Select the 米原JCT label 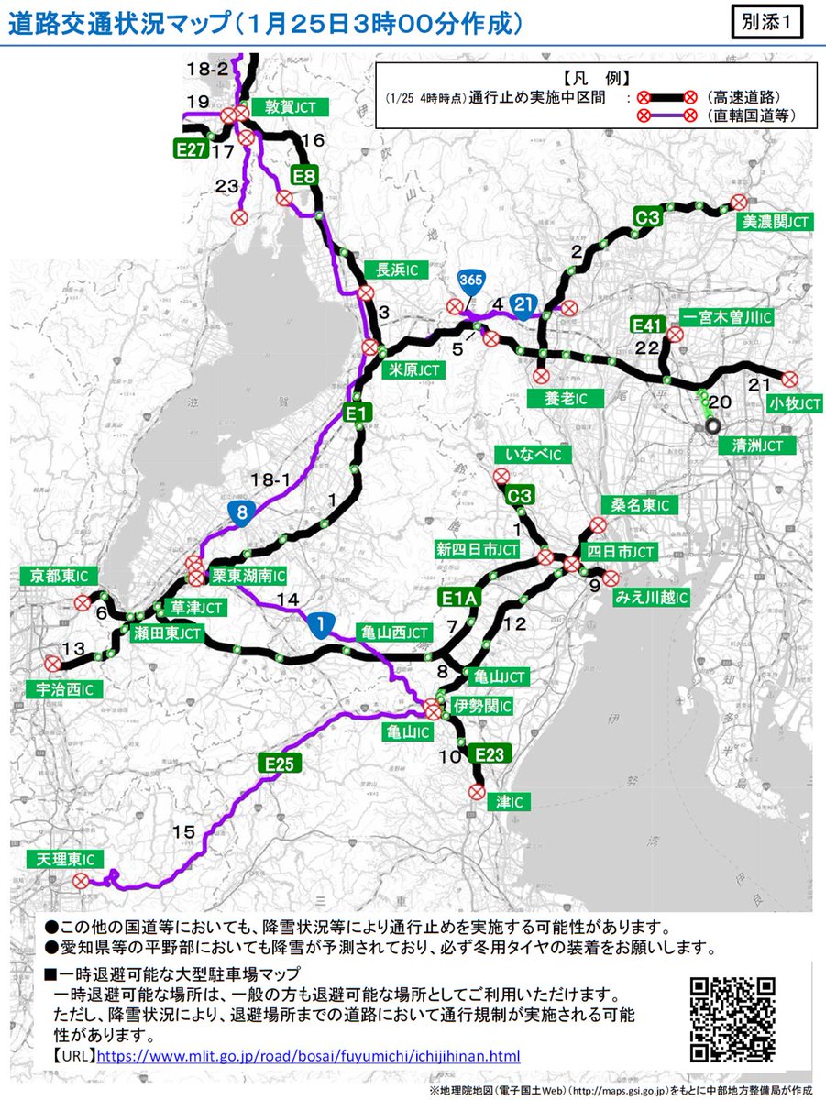pos(412,369)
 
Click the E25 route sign pos(280,761)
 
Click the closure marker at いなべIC pos(501,476)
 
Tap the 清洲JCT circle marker pos(712,425)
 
